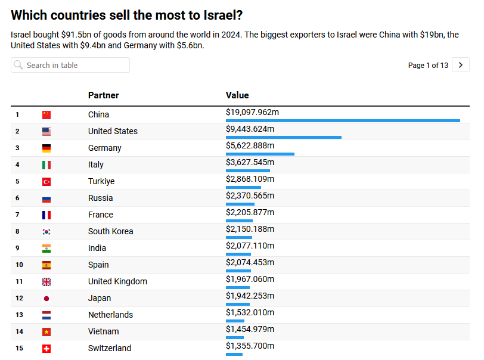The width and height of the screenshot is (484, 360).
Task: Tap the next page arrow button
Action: [x=461, y=65]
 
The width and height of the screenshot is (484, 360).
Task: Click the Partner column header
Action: [x=103, y=95]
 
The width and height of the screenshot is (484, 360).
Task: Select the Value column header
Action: [x=237, y=95]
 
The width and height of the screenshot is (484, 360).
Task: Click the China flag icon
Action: [x=46, y=114]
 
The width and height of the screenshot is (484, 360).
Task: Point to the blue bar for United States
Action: [x=283, y=138]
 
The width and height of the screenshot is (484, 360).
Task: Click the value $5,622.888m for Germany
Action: [x=250, y=145]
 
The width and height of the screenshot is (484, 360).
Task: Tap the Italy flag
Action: [x=46, y=165]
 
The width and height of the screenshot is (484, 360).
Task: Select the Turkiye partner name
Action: [x=101, y=181]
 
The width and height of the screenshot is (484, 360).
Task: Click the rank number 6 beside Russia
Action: [x=18, y=198]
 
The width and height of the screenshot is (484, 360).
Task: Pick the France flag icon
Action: [x=46, y=215]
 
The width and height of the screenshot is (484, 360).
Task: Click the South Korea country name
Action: [x=110, y=231]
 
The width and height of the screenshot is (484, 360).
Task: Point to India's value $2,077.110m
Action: [x=250, y=246]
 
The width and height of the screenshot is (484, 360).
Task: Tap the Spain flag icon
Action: [x=46, y=265]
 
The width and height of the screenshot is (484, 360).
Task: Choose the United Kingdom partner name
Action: [x=117, y=281]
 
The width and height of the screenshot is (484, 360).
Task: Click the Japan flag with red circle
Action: [x=46, y=298]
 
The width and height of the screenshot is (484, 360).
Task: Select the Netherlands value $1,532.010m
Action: [x=250, y=312]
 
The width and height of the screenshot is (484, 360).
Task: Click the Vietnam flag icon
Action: [x=46, y=331]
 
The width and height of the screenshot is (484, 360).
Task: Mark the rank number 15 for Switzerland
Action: [x=20, y=348]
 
